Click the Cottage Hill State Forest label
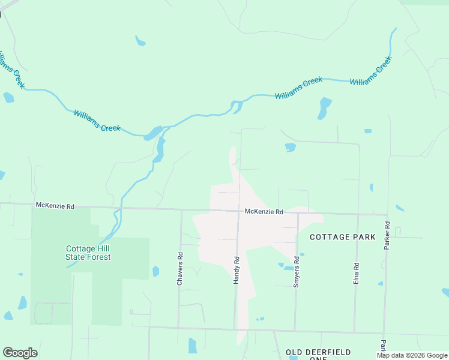click(x=88, y=253)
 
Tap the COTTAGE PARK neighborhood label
click(x=342, y=237)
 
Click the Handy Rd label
click(x=237, y=270)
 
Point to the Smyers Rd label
click(x=296, y=272)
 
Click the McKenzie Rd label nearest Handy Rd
click(x=264, y=212)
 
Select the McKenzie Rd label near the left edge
click(x=55, y=206)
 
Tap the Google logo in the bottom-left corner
click(x=20, y=353)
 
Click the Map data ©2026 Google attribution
click(x=412, y=355)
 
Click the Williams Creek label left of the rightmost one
click(x=298, y=88)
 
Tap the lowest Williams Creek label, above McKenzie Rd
click(x=97, y=121)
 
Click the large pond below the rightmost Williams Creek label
click(x=325, y=108)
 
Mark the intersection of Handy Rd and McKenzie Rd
click(x=238, y=211)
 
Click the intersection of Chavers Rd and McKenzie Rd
click(x=181, y=209)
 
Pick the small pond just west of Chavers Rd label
click(x=156, y=271)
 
